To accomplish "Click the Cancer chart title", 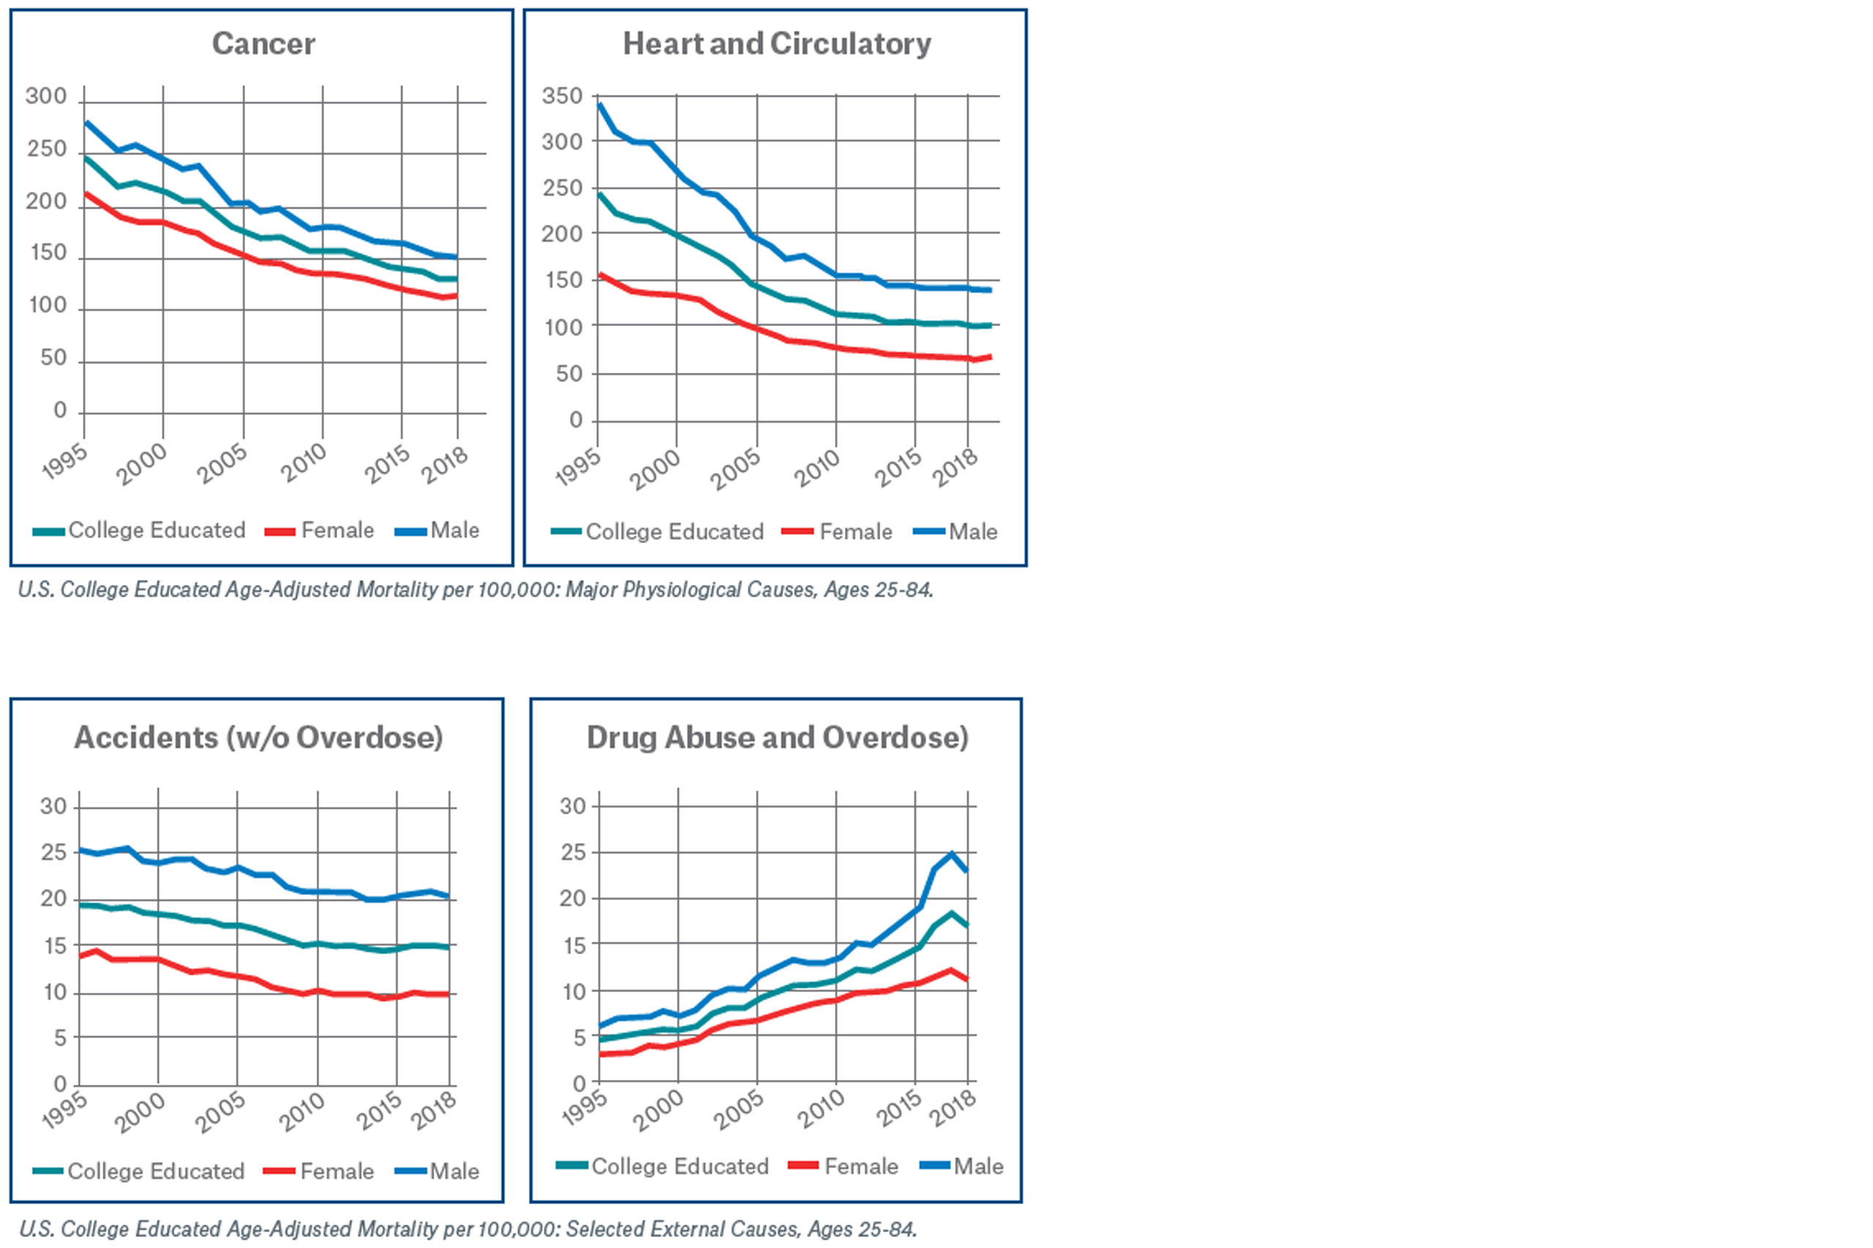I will click(x=263, y=44).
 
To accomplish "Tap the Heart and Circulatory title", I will click(x=776, y=44).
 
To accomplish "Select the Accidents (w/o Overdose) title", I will click(x=258, y=737).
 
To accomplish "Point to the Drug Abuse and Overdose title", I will click(x=777, y=737).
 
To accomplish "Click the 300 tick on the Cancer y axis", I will click(x=46, y=97).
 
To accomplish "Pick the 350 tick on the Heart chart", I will click(x=562, y=97).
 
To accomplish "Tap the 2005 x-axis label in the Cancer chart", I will click(x=222, y=464).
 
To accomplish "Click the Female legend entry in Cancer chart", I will click(x=337, y=530).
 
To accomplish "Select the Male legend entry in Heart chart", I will click(x=972, y=532).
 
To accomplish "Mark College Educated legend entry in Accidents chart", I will click(x=155, y=1171).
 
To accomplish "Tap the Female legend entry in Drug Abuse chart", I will click(x=861, y=1166).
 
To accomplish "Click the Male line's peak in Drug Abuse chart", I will click(x=951, y=854).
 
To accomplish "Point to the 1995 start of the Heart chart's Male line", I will click(x=599, y=105).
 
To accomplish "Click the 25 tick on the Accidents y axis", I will click(x=54, y=852).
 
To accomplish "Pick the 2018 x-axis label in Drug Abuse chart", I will click(x=953, y=1108).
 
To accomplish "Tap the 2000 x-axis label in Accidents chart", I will click(x=140, y=1112).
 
